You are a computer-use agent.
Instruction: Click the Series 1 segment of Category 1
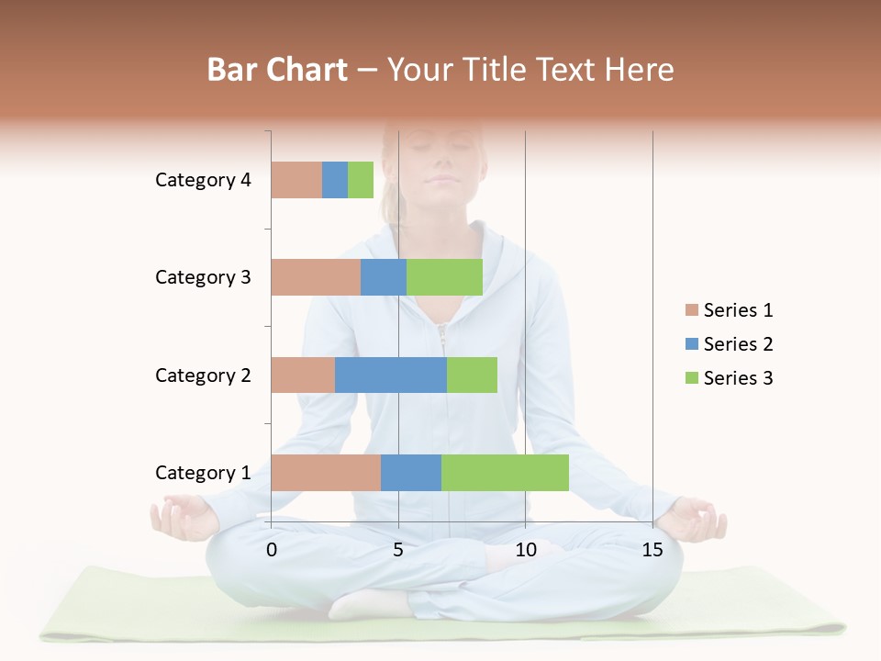point(326,473)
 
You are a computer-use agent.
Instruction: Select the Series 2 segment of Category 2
point(391,375)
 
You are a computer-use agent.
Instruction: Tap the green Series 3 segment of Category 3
point(444,277)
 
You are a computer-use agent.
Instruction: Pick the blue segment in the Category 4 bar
point(335,180)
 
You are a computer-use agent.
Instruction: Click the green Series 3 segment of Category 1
point(505,473)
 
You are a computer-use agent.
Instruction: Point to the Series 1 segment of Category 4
point(296,180)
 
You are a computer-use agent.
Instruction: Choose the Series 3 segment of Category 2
point(472,375)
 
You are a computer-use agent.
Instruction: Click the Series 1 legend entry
point(729,310)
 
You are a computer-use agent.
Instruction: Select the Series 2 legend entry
point(729,344)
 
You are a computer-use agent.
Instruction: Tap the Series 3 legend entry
point(729,378)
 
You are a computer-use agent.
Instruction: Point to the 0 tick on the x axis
point(272,550)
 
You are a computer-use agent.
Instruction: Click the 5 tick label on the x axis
point(398,550)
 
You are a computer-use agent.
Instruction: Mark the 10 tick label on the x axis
point(526,550)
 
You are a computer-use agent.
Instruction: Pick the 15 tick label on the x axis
point(652,550)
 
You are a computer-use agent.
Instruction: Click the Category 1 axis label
point(203,473)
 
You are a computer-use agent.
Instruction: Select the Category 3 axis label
point(203,277)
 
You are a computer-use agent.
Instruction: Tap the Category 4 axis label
point(203,180)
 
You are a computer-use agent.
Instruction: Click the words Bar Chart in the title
point(277,70)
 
